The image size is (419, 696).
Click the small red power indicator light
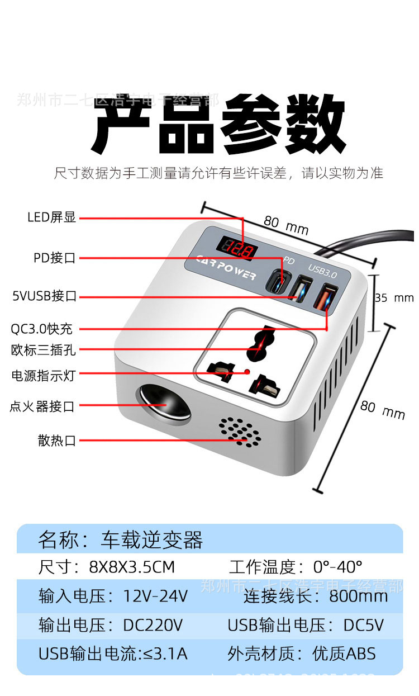point(246,372)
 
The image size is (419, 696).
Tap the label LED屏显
point(51,217)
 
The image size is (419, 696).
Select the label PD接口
point(54,258)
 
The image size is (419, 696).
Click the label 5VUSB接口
point(44,296)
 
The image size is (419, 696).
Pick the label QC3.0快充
point(42,329)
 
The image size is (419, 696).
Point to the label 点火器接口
point(42,406)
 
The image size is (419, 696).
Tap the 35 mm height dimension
point(394,298)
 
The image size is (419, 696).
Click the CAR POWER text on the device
point(226,268)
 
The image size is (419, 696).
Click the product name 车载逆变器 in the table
point(152,540)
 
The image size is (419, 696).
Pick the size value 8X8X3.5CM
point(132,567)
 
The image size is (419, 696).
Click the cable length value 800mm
point(358,596)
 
